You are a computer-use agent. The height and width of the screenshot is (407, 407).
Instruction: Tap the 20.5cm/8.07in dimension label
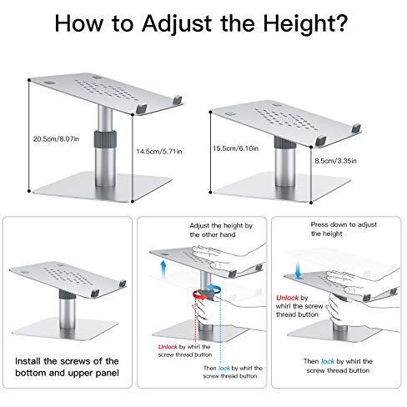(56, 138)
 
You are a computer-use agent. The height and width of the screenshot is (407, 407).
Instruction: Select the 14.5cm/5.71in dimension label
(159, 152)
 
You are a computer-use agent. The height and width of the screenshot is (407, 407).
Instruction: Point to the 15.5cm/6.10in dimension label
(235, 148)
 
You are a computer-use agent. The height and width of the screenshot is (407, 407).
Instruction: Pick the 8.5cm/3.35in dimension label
(335, 161)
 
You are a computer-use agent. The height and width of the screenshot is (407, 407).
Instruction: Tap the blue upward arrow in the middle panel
(163, 269)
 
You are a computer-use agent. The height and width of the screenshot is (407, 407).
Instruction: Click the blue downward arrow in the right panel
(298, 269)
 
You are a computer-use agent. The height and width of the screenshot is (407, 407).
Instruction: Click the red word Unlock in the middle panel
(168, 347)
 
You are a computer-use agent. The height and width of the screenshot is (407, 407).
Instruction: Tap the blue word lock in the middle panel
(224, 368)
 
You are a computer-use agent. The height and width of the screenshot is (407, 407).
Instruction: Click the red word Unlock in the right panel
(287, 298)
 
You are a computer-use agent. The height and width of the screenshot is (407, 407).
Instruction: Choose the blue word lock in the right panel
(328, 361)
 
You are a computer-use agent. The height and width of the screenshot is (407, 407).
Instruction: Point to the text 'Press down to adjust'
(344, 224)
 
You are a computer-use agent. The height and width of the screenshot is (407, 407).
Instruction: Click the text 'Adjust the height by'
(221, 225)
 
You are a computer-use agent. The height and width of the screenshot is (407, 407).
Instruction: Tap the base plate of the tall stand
(103, 186)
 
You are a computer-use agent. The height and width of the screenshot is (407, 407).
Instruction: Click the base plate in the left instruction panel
(65, 329)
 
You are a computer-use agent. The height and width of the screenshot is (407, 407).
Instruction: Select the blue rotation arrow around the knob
(214, 289)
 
